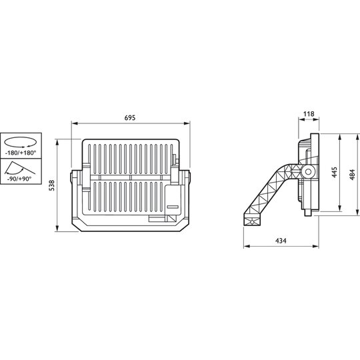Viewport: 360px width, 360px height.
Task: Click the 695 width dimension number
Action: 130,118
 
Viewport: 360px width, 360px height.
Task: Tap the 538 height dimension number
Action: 52,185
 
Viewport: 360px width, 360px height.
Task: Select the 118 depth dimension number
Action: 309,114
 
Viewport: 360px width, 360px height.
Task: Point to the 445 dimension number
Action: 334,172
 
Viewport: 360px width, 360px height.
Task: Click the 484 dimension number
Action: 353,175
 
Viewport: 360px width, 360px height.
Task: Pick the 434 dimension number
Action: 281,241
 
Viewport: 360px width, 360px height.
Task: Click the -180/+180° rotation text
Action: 21,153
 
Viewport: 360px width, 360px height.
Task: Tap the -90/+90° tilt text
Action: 19,179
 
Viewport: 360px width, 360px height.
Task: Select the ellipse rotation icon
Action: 20,142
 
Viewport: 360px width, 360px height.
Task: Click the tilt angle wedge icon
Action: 19,168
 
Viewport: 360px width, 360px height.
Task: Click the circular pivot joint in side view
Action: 308,172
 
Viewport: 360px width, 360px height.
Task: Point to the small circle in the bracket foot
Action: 252,222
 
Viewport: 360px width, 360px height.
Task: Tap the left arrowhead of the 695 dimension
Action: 74,123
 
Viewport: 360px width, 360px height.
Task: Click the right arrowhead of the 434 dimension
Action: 316,247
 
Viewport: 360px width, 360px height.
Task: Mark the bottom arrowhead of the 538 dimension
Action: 57,229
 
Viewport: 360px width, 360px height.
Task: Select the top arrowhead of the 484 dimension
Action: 357,137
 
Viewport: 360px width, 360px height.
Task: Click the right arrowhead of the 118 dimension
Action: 317,119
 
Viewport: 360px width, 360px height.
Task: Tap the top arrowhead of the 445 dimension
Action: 340,137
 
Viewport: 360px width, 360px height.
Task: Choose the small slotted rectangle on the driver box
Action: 173,207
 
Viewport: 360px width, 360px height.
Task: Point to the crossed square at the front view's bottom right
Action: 173,219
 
